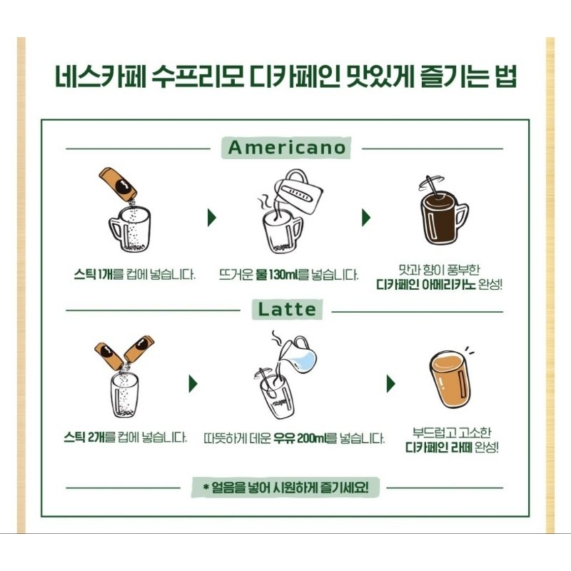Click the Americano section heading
point(287,148)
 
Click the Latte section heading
point(287,310)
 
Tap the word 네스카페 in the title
point(101,76)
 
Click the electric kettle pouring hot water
point(298,192)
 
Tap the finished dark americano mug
point(443,219)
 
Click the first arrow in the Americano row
point(211,218)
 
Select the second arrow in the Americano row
point(366,218)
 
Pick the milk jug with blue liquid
point(298,355)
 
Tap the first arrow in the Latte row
point(193,383)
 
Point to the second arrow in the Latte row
point(390,383)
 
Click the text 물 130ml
point(276,275)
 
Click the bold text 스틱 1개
point(94,274)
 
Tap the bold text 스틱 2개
point(84,437)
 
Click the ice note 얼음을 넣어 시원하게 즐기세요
point(286,487)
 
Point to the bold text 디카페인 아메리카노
point(425,284)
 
